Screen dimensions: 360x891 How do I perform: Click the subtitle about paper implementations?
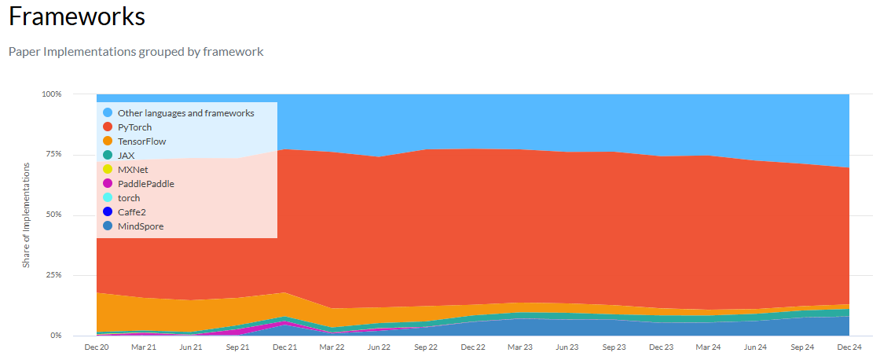136,52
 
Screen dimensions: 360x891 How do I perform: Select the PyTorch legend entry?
134,127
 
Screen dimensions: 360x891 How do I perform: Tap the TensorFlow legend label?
141,141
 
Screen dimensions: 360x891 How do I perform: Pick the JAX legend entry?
126,156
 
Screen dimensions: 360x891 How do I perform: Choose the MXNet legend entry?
133,170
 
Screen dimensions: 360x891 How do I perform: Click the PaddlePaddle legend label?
145,184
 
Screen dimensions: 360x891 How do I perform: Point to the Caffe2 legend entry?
131,212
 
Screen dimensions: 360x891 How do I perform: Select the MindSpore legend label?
140,226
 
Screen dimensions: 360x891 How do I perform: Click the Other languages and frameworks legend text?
185,113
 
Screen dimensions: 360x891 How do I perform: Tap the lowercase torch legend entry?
128,198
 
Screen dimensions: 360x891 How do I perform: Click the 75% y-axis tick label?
53,155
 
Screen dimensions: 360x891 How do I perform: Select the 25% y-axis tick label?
53,276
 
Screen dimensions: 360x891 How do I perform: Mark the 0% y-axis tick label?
55,336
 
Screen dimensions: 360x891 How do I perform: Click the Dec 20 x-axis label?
96,347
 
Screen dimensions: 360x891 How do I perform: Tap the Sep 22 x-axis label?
426,347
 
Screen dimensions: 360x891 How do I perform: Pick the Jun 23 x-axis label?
567,347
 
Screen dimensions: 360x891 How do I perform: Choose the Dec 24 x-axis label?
849,347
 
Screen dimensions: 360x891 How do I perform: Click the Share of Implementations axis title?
26,215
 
